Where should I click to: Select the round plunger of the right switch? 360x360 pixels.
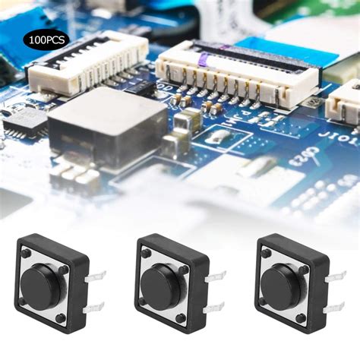pyautogui.click(x=282, y=281)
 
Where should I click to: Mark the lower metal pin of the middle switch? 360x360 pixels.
pyautogui.click(x=215, y=307)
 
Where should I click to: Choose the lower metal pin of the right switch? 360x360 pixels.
pyautogui.click(x=333, y=308)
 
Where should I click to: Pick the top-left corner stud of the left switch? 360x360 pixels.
pyautogui.click(x=26, y=254)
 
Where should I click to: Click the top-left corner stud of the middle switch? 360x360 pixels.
pyautogui.click(x=146, y=254)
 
